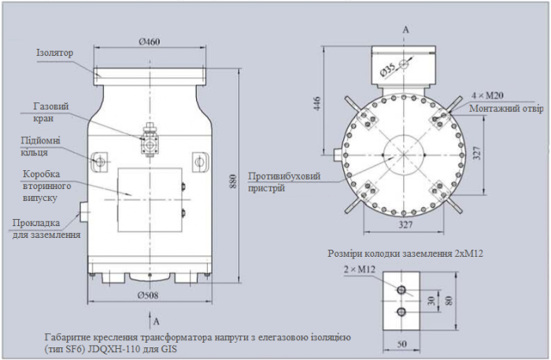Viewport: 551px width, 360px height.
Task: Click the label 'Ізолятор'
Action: point(54,53)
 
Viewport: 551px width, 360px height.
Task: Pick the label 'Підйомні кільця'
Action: point(38,147)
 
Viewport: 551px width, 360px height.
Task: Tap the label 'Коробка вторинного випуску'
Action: point(47,186)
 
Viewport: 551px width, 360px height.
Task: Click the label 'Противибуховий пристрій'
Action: point(284,182)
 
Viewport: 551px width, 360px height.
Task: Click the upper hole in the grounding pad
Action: point(402,291)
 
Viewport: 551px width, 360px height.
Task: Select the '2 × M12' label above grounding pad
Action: point(360,271)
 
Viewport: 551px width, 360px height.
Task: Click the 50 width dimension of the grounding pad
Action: point(402,345)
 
